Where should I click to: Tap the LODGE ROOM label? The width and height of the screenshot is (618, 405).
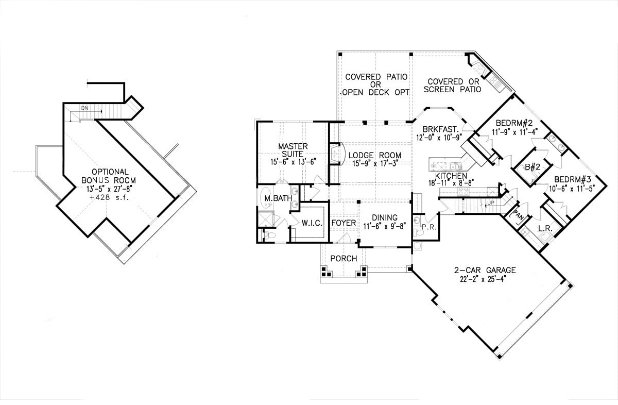[374, 156]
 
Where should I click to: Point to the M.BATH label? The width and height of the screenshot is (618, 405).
[274, 198]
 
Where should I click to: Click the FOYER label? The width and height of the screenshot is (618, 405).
[344, 223]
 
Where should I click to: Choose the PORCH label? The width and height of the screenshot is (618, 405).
[344, 258]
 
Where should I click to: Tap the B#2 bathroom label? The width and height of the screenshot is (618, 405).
[530, 166]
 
